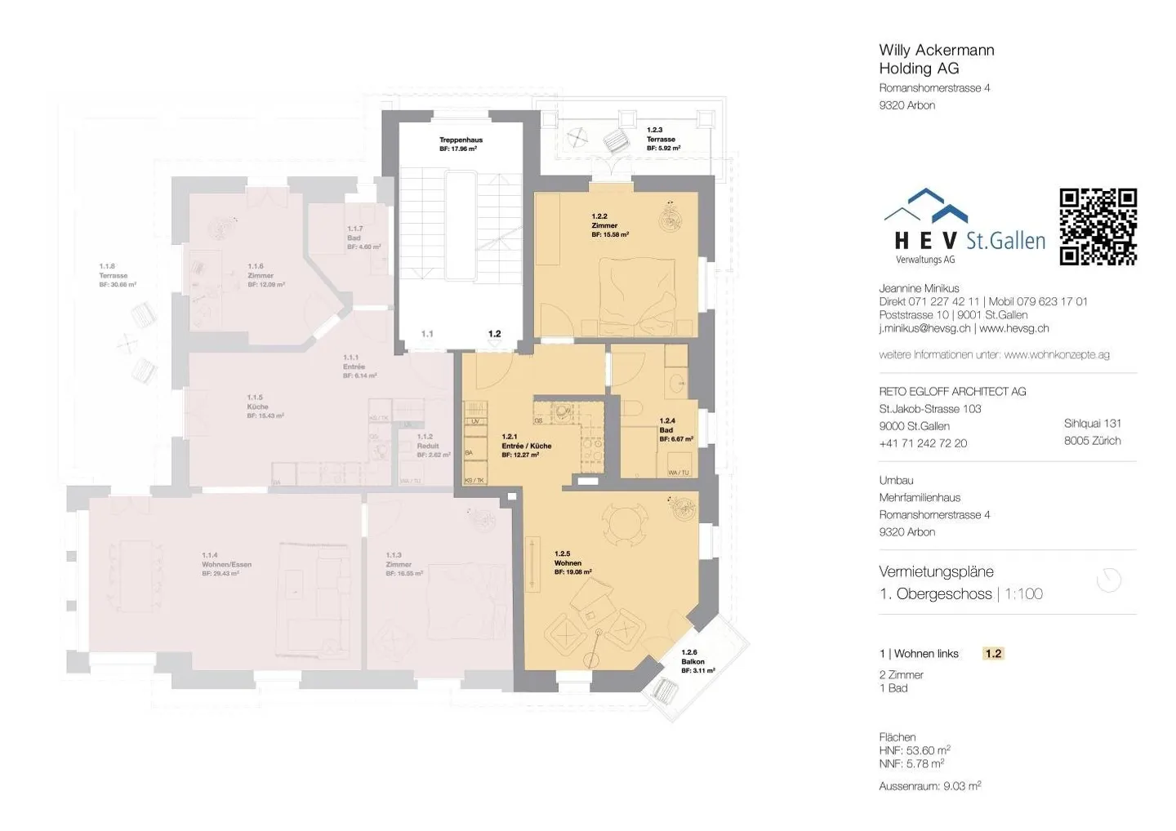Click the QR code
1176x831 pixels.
pyautogui.click(x=1098, y=227)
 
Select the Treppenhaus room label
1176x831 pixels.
pyautogui.click(x=461, y=144)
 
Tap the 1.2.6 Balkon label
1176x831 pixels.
pyautogui.click(x=697, y=661)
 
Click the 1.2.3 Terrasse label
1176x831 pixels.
pyautogui.click(x=662, y=139)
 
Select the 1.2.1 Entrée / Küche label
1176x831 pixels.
pyautogui.click(x=526, y=446)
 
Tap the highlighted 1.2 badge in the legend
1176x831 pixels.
pyautogui.click(x=993, y=654)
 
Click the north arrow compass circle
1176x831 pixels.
pyautogui.click(x=1109, y=580)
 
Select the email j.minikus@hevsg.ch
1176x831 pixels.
pyautogui.click(x=924, y=328)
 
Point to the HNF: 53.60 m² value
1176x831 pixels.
pyautogui.click(x=914, y=750)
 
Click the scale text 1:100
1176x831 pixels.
pyautogui.click(x=1023, y=594)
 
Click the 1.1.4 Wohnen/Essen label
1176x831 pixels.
pyautogui.click(x=226, y=564)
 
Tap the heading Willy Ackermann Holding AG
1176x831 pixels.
pyautogui.click(x=936, y=60)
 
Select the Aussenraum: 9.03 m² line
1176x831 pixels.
pyautogui.click(x=929, y=786)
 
